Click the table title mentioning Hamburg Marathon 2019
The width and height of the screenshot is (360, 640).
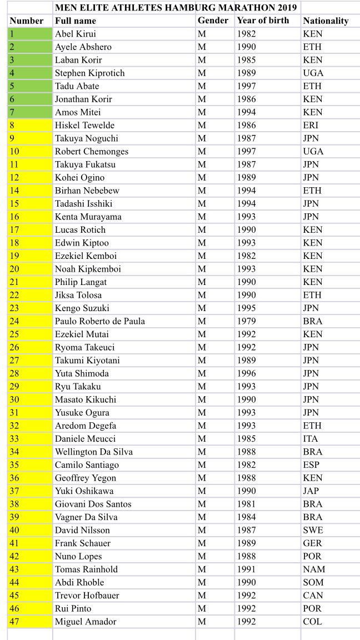[176, 8]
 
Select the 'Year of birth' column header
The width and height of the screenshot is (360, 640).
[263, 21]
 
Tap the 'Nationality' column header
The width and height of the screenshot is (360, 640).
[326, 21]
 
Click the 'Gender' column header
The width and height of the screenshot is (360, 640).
[213, 21]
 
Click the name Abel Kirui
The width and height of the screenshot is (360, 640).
[75, 34]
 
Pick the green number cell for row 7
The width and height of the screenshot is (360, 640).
[30, 112]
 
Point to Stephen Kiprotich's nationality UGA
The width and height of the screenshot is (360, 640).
[313, 73]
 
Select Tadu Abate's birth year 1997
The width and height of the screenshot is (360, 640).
[246, 86]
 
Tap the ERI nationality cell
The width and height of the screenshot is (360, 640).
[311, 125]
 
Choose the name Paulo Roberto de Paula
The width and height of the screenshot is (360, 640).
[100, 321]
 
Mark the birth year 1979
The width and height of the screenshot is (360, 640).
[246, 321]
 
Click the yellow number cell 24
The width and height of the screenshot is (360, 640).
[30, 321]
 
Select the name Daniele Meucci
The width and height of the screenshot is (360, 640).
[84, 439]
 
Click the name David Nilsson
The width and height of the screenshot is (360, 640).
[82, 530]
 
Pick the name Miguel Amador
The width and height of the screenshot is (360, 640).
[85, 622]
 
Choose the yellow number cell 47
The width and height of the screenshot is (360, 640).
[30, 622]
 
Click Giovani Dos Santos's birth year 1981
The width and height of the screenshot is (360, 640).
[246, 504]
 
